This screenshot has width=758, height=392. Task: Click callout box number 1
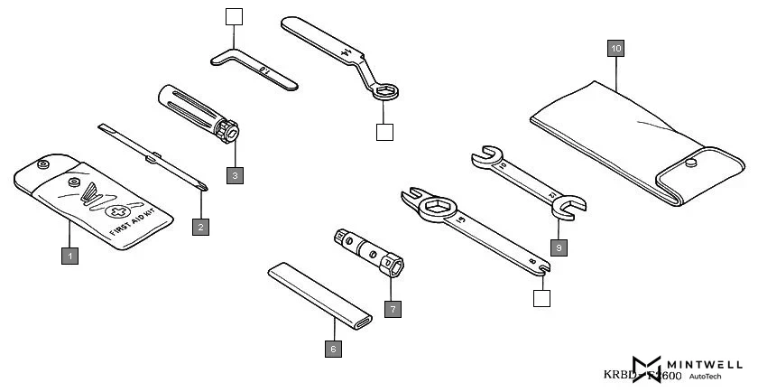tap(69, 257)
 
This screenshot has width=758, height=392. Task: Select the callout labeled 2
tap(201, 227)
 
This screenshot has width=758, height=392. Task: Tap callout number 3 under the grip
tap(235, 174)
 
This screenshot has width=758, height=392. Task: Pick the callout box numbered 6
tap(332, 348)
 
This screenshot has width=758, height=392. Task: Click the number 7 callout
tap(392, 308)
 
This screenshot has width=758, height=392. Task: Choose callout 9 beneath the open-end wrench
tap(559, 246)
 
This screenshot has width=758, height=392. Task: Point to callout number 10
tap(615, 48)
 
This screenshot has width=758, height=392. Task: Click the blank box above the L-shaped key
tap(234, 17)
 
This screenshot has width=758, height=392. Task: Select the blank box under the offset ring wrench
tap(385, 132)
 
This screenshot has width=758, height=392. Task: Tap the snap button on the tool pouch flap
tap(691, 163)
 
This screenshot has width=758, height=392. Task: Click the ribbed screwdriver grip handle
tap(189, 109)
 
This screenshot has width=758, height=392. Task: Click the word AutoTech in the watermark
tap(705, 377)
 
